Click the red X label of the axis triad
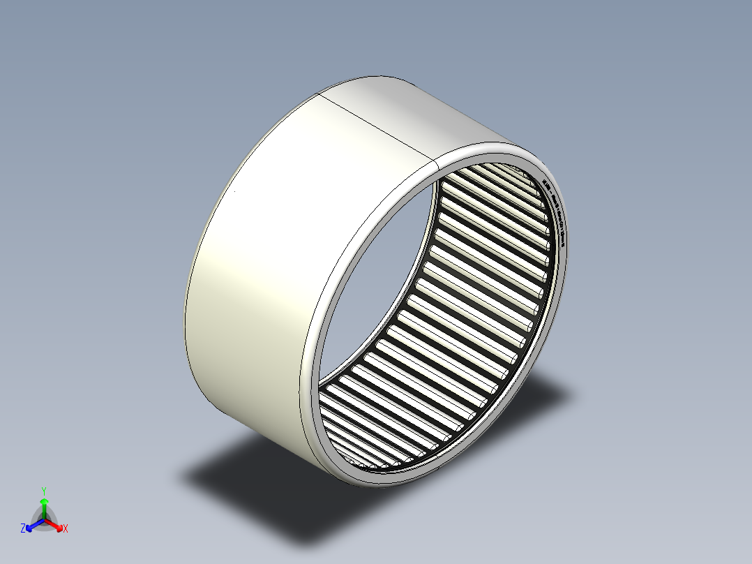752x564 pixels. point(66,529)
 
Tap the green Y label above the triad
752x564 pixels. point(43,491)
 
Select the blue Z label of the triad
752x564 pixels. point(23,529)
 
